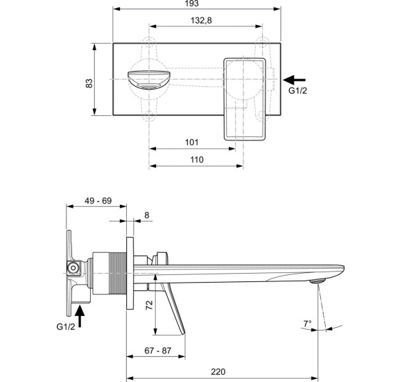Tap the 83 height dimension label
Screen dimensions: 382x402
89,83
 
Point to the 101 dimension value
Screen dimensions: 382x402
193,142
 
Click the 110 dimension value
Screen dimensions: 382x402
196,160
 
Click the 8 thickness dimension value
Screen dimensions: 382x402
147,216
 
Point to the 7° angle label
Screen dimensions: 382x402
308,324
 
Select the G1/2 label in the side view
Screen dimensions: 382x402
64,326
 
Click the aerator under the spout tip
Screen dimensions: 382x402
318,281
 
